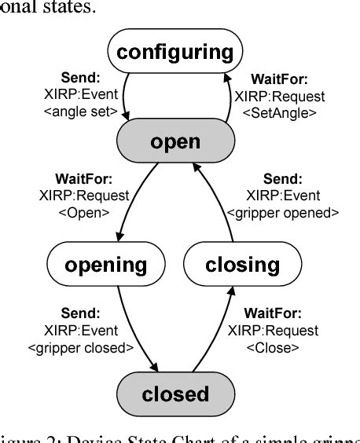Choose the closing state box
coord(242,265)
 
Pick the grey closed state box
coord(174,393)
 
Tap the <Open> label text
coord(82,211)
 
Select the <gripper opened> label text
coord(282,211)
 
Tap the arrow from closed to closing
coord(217,330)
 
